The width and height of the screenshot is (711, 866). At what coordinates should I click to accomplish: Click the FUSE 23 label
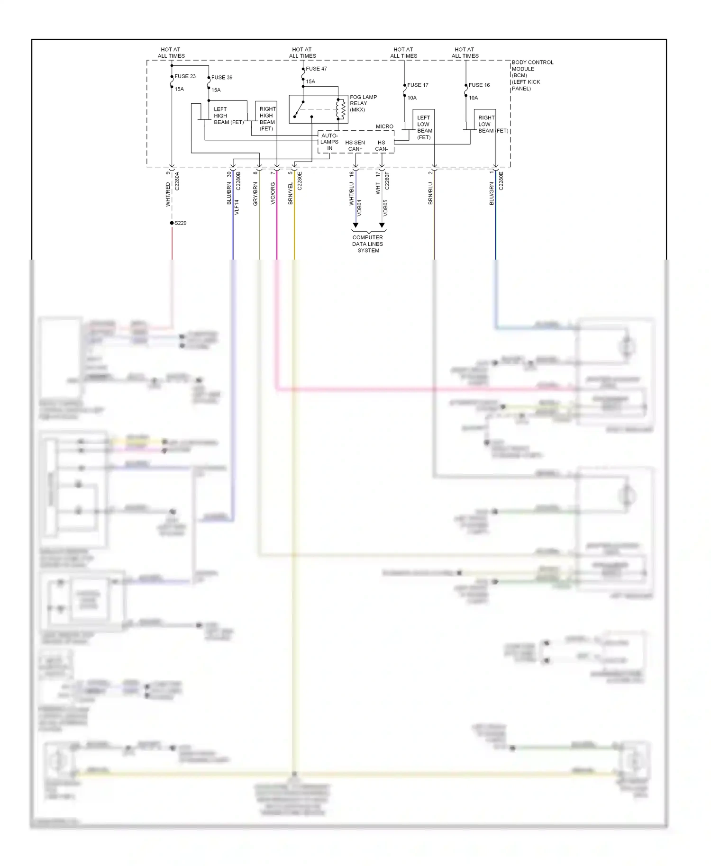coord(185,76)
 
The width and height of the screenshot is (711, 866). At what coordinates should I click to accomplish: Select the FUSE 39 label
coord(222,77)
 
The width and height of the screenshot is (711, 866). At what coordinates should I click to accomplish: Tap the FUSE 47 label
coord(316,69)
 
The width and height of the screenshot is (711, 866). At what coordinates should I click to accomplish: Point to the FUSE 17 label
coord(418,85)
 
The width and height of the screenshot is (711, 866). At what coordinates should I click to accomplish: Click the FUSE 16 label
coord(479,85)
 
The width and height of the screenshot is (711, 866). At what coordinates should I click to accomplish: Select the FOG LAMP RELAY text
coord(363,103)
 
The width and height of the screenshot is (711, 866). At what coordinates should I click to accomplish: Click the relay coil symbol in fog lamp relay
coord(340,109)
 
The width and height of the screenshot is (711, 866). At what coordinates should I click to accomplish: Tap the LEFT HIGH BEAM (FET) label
coord(228,116)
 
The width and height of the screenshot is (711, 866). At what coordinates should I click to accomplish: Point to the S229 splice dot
coord(172,223)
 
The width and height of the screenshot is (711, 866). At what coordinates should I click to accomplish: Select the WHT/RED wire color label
coord(168,194)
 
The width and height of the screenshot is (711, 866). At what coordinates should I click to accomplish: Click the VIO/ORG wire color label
coord(273,193)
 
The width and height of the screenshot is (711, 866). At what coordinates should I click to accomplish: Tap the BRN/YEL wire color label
coord(291,193)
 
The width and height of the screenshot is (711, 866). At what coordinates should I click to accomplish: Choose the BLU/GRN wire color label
coord(492,193)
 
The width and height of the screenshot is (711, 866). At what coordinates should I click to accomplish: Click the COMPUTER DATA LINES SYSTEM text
coord(368,244)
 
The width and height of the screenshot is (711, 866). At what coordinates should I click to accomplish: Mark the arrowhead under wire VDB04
coord(355,226)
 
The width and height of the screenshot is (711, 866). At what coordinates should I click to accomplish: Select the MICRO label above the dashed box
coord(384,126)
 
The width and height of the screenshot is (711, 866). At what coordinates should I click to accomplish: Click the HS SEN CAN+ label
coord(355,145)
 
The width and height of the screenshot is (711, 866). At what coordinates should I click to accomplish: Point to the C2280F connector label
coord(387,181)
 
